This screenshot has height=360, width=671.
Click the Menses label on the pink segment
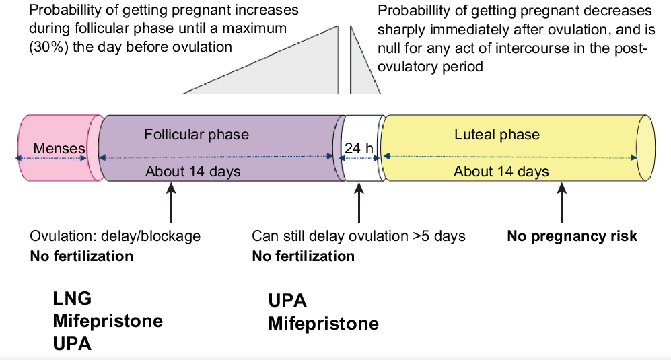[x=60, y=148]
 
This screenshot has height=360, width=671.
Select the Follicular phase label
[x=196, y=134]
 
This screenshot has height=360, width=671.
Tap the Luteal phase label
[x=497, y=134]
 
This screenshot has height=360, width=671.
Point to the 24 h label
[x=357, y=148]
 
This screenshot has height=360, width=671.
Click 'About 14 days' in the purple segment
[x=192, y=171]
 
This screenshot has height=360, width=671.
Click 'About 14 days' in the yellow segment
[x=501, y=171]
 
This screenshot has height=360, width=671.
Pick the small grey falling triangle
[x=360, y=71]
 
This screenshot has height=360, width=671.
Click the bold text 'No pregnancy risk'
[x=571, y=236]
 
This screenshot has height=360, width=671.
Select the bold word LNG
[x=72, y=298]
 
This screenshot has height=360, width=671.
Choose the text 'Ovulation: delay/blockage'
[x=115, y=236]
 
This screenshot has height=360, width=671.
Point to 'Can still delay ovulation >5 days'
[x=359, y=236]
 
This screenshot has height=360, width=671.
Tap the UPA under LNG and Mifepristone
[x=72, y=343]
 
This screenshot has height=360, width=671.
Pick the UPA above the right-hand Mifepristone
[x=287, y=301]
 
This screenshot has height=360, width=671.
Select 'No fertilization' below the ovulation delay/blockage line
[x=81, y=256]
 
